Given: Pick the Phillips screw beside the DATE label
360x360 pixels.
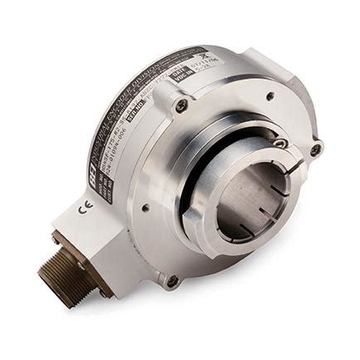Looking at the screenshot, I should [182, 105].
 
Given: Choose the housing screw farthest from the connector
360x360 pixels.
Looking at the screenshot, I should [316, 150].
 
